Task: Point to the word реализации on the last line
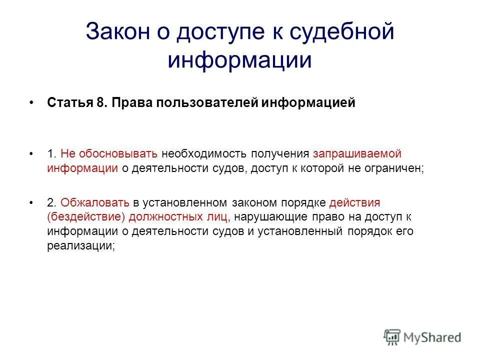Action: pos(79,246)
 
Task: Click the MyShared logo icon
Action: pos(392,337)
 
